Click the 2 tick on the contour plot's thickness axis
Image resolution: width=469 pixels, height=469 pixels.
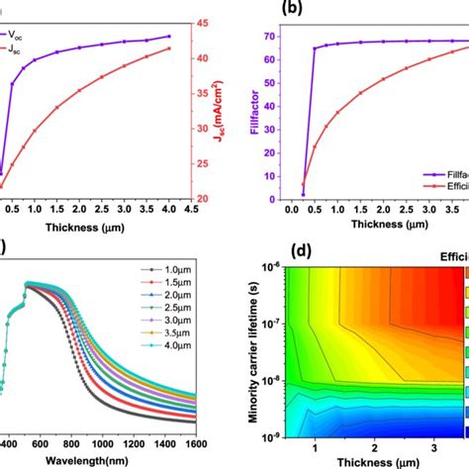(380, 448)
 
